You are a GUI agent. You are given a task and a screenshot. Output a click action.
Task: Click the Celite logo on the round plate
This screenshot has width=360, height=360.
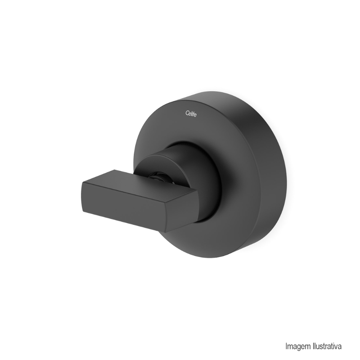click(191, 113)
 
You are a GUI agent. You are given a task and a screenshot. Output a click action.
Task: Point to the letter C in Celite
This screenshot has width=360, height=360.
click(187, 113)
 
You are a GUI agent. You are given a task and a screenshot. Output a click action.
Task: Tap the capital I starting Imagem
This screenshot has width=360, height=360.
click(286, 346)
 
